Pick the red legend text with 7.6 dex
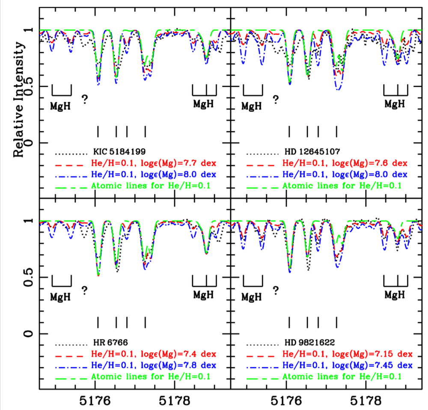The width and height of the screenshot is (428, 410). [345, 163]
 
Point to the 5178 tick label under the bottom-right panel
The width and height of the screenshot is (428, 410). [367, 401]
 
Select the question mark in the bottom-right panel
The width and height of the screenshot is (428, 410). [276, 290]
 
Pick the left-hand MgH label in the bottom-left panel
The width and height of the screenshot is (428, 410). [61, 295]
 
